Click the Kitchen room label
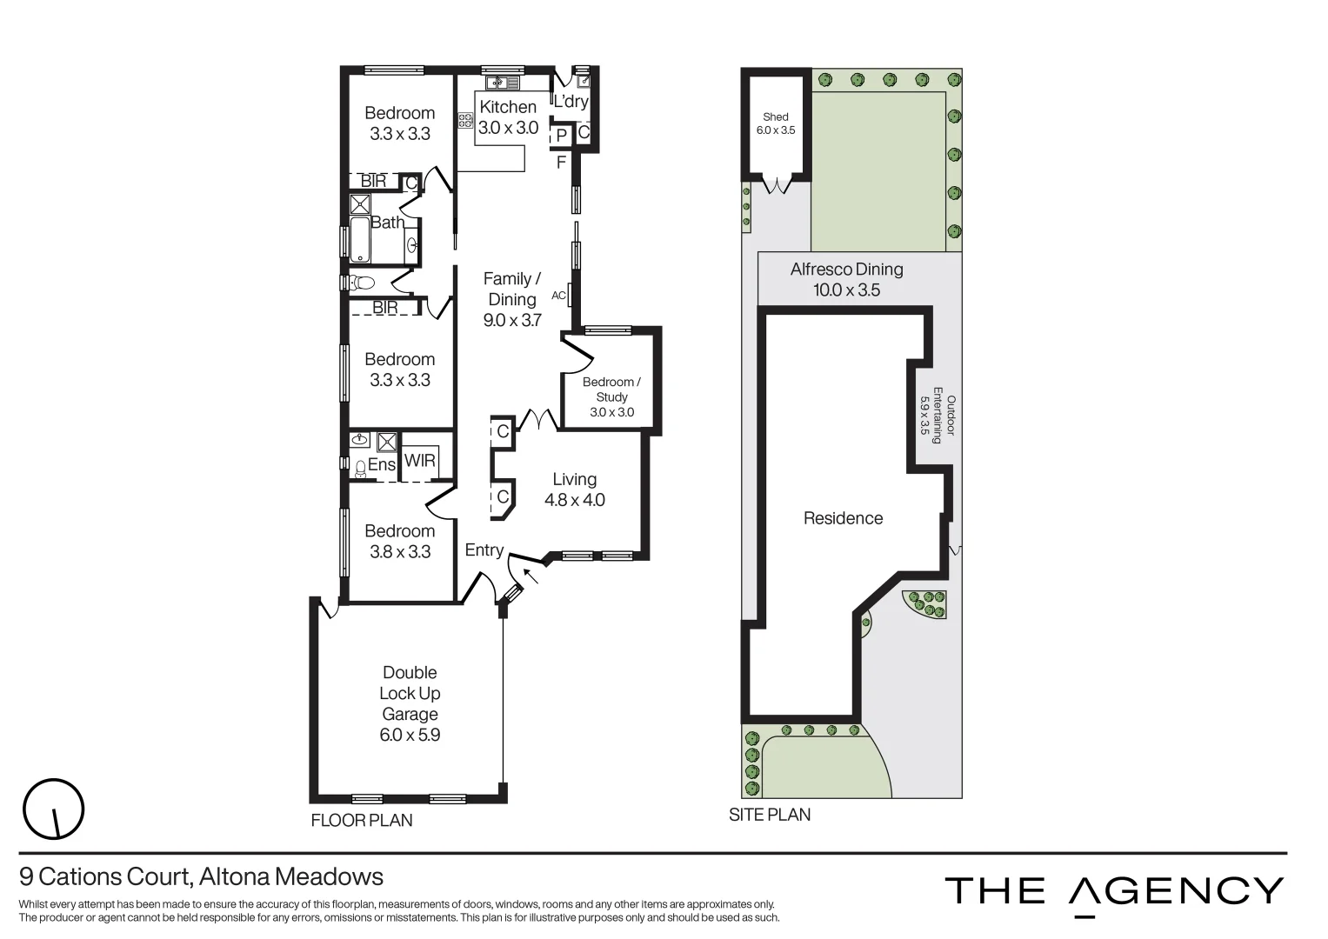(x=508, y=108)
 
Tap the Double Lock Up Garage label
(x=410, y=694)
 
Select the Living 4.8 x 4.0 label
(x=574, y=489)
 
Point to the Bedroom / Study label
(x=611, y=390)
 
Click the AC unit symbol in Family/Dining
(x=569, y=296)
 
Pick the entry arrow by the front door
(x=531, y=573)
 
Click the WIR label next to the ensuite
(x=420, y=461)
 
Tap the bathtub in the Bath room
(x=360, y=241)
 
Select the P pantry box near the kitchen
(x=562, y=136)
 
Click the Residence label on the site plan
(x=843, y=518)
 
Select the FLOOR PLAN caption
(x=362, y=820)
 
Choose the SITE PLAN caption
(x=770, y=815)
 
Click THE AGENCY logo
(x=1114, y=892)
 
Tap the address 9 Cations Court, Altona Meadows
(x=201, y=876)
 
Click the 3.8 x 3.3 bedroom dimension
(x=400, y=552)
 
